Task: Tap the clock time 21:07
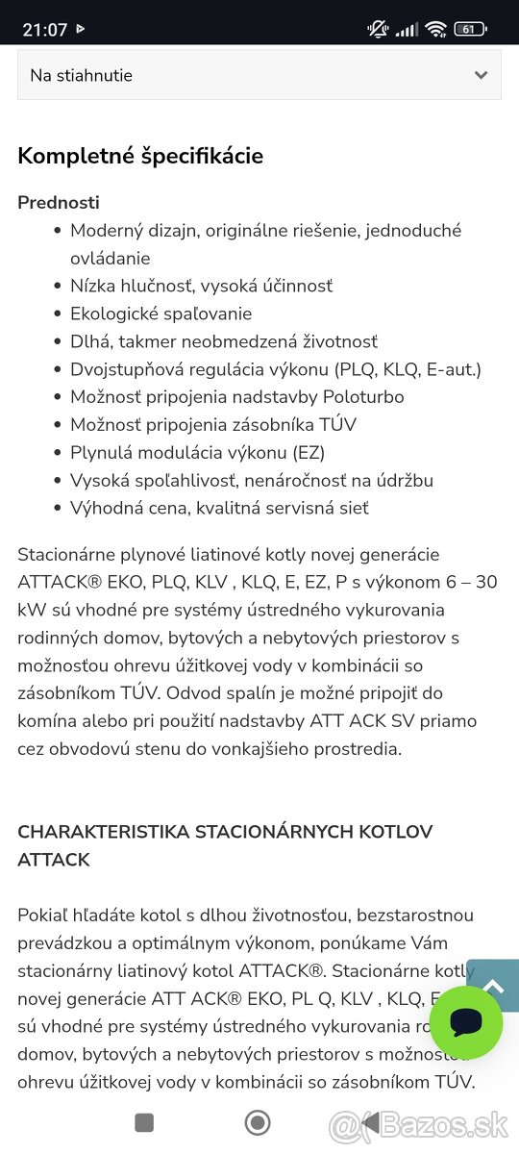[x=45, y=30]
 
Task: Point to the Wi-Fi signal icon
[x=436, y=29]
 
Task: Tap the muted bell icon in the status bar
[x=378, y=29]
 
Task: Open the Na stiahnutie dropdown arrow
[x=481, y=75]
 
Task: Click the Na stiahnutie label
[x=81, y=75]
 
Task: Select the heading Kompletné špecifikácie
[x=140, y=156]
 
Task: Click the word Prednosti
[x=59, y=203]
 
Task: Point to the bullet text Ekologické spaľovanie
[x=161, y=314]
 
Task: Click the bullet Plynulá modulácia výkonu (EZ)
[x=197, y=452]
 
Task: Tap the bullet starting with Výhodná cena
[x=219, y=508]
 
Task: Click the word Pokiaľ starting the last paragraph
[x=45, y=916]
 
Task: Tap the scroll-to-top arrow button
[x=494, y=986]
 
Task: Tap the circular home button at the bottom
[x=257, y=1122]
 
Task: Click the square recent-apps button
[x=144, y=1122]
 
